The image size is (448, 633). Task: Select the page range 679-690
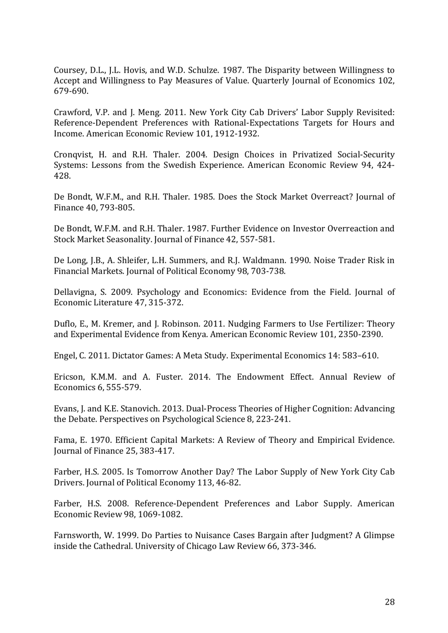pyautogui.click(x=71, y=92)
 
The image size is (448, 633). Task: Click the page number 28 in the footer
pyautogui.click(x=390, y=602)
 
